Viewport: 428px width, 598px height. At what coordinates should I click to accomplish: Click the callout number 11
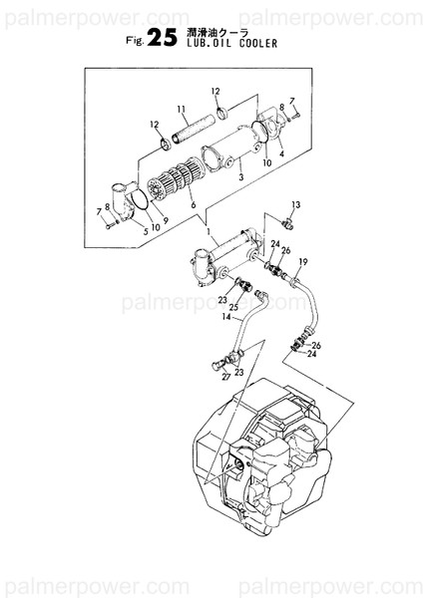(x=182, y=109)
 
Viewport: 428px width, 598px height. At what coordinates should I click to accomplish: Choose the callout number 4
(x=282, y=153)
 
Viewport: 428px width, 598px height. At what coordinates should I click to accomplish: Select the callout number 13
(x=296, y=203)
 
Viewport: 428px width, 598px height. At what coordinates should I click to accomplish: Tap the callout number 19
(x=303, y=262)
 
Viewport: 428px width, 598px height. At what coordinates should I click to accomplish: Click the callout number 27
(x=226, y=378)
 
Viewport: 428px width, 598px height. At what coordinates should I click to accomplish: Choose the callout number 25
(x=233, y=308)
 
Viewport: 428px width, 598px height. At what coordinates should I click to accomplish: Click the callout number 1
(x=208, y=233)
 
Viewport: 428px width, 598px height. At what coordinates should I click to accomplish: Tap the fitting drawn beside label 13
(x=288, y=218)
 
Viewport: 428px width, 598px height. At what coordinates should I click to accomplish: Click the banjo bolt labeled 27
(x=215, y=371)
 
